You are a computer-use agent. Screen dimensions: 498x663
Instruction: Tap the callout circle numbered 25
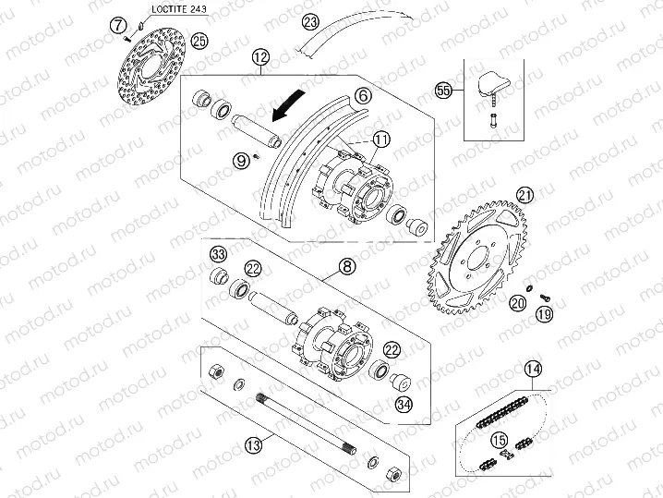[200, 40]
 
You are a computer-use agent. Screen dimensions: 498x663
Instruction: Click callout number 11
[382, 140]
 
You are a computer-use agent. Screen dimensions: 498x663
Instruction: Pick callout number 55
[444, 91]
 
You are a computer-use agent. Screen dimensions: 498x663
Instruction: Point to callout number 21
[524, 194]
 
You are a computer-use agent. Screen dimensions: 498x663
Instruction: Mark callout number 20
[518, 301]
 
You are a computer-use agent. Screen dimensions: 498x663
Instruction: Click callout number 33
[218, 254]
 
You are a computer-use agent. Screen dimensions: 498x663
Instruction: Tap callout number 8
[346, 267]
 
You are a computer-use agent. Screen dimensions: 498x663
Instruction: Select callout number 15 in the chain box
[499, 439]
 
